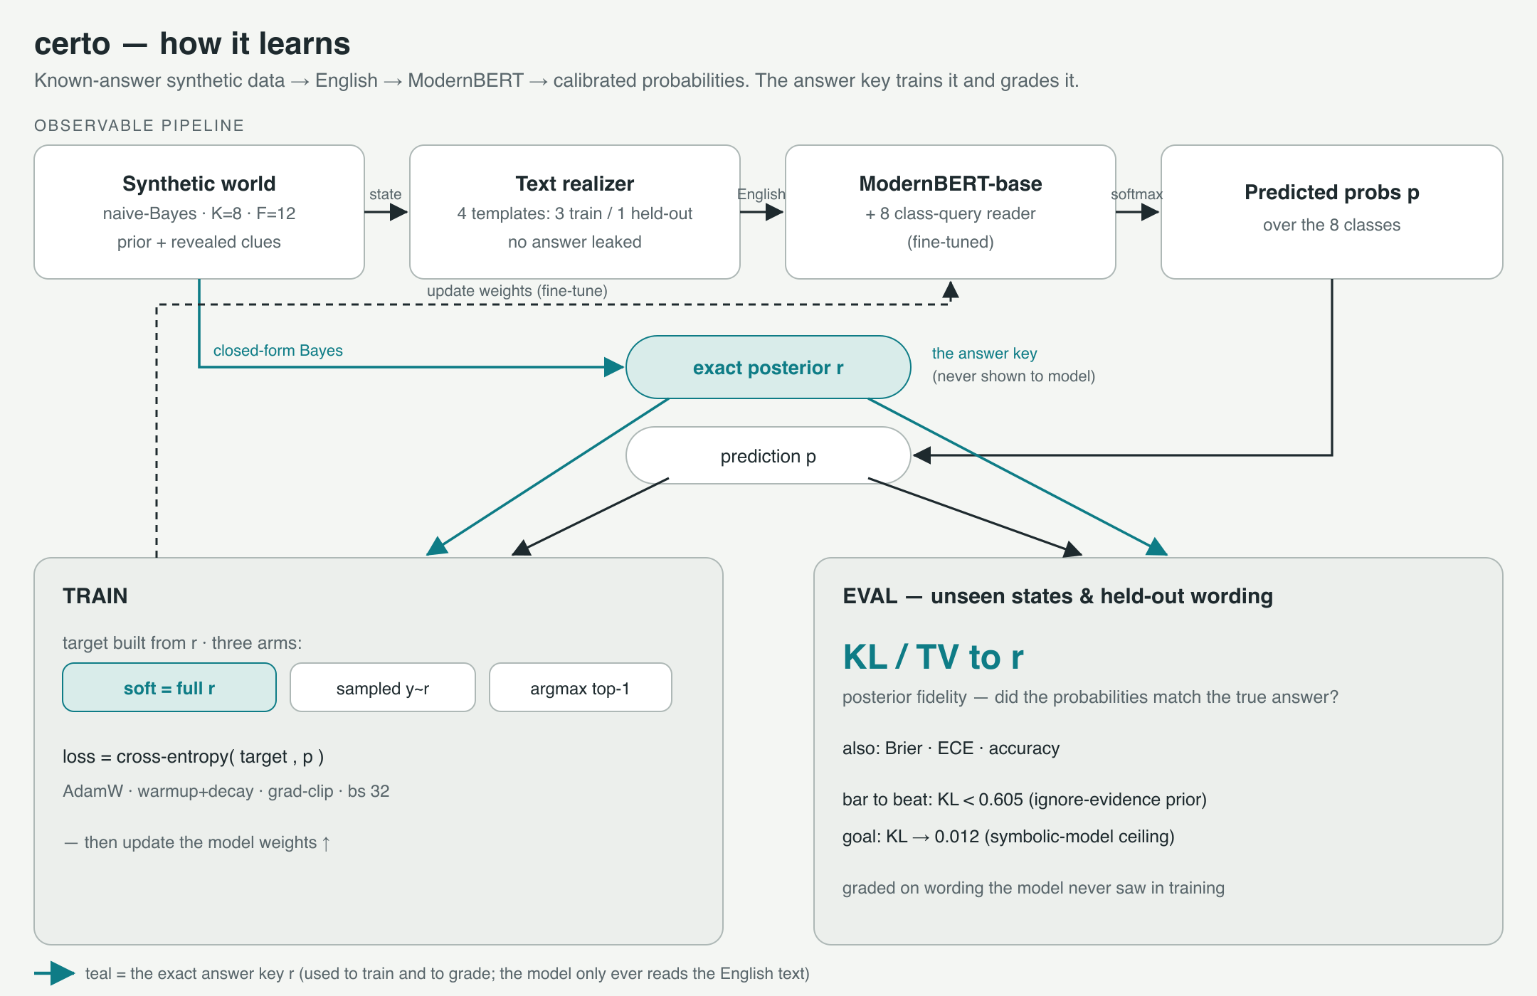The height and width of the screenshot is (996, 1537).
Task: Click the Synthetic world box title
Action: tap(199, 184)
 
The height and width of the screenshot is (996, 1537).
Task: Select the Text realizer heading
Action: tap(575, 184)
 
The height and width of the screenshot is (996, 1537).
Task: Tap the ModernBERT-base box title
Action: tap(951, 184)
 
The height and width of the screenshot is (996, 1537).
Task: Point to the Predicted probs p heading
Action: tap(1332, 192)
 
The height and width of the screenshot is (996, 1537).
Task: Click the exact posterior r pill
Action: tap(768, 367)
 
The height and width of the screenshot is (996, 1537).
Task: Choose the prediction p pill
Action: tap(768, 455)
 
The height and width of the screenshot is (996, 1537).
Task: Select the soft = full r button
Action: tap(169, 687)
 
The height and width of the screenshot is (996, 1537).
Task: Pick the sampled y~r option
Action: tap(383, 687)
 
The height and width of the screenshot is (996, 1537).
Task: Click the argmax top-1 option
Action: tap(581, 687)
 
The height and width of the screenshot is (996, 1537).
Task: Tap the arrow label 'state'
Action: tap(386, 194)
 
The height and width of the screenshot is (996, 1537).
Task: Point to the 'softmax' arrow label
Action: tap(1137, 194)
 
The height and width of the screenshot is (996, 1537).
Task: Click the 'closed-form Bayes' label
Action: tap(278, 351)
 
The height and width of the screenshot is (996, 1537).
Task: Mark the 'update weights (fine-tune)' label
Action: tap(517, 291)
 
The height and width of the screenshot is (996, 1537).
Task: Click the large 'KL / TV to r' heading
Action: tap(933, 657)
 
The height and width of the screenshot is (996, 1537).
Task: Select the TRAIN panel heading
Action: tap(95, 595)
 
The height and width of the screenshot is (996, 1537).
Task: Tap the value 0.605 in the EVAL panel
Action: tap(1000, 800)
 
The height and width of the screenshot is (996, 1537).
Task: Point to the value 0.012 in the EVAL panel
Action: tap(957, 837)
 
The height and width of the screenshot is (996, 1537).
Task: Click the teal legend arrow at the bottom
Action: tap(55, 973)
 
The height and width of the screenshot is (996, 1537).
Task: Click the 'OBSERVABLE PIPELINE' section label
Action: tap(139, 125)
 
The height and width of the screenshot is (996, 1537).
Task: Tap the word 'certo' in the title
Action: tap(73, 44)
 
